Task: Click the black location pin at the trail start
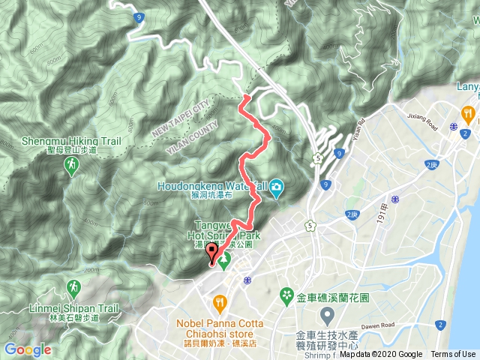point(211,253)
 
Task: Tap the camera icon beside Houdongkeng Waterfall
point(276,187)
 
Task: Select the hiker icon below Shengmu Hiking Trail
point(71,165)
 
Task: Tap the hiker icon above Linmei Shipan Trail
point(73,287)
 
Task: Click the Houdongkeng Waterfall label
point(211,186)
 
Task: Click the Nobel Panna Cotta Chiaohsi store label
point(219,329)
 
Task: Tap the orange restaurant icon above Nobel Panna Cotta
point(219,303)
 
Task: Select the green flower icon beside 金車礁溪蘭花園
point(285,295)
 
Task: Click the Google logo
point(27,349)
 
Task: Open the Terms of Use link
point(452,355)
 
